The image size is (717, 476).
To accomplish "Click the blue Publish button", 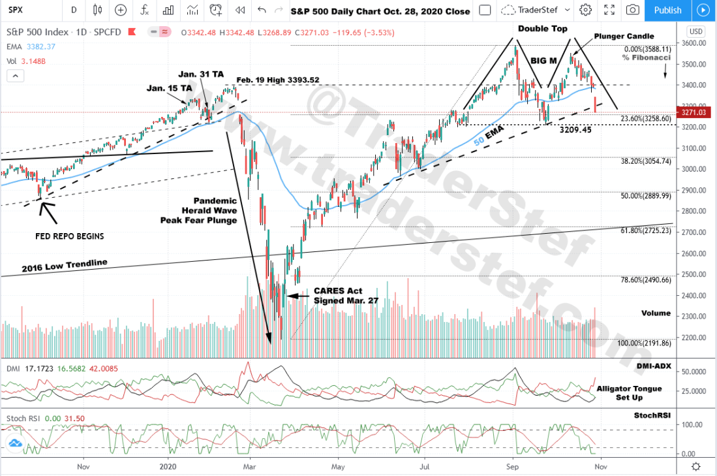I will coord(667,10).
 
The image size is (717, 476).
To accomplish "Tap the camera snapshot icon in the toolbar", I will coord(632,10).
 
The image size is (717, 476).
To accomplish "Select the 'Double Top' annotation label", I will coord(543,29).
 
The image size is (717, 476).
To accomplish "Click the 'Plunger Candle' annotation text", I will coord(624,36).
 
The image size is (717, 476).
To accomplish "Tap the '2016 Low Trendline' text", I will coord(63,266).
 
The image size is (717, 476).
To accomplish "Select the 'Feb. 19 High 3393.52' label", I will coord(278,80).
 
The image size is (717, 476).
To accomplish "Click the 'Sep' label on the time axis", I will coord(512,466).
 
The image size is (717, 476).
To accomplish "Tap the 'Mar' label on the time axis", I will coord(249,466).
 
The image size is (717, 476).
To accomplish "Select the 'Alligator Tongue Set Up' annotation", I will coord(629,392).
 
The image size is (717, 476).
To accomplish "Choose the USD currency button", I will coord(696,31).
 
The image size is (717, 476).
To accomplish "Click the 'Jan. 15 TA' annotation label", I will coord(169,87).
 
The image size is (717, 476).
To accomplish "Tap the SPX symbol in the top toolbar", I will coord(16,10).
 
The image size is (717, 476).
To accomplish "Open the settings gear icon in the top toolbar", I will coord(585,10).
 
